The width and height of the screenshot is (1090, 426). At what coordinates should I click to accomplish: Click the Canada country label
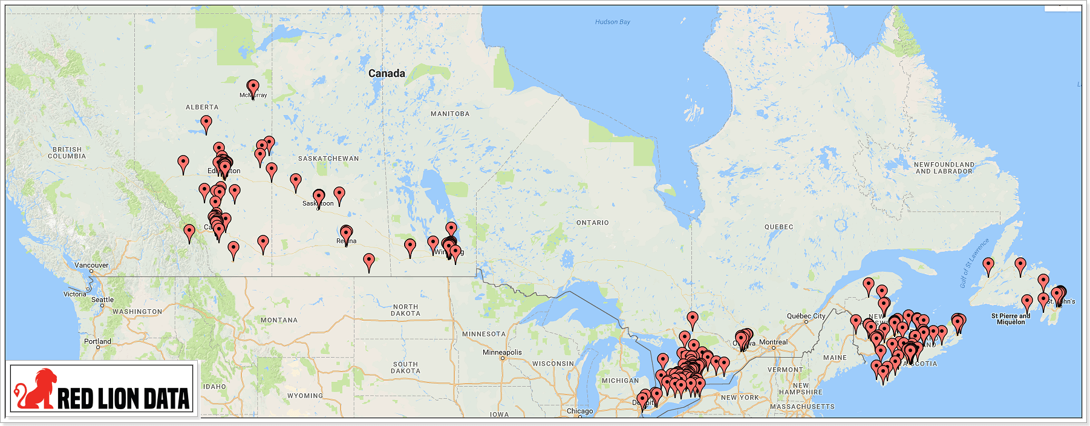click(387, 73)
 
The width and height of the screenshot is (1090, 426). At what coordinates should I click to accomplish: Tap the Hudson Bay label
click(612, 22)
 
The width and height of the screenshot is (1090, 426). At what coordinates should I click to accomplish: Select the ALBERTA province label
click(202, 107)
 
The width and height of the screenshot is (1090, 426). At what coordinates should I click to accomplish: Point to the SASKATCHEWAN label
click(328, 159)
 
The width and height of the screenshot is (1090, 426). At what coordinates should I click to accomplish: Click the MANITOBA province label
click(449, 114)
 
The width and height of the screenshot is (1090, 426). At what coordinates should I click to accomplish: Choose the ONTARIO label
click(592, 223)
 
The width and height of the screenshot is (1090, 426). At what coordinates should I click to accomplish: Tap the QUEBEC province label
click(778, 227)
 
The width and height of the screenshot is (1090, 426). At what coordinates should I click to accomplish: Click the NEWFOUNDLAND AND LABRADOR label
click(944, 168)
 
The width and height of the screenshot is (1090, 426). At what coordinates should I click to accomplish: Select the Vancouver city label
click(91, 265)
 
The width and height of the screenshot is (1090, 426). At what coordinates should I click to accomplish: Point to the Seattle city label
click(102, 300)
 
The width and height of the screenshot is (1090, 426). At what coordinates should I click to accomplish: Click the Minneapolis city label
click(501, 352)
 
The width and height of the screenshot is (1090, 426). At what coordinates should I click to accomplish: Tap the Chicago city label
click(579, 411)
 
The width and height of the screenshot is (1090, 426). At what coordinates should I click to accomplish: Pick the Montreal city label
click(773, 342)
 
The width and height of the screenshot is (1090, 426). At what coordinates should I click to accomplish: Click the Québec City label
click(806, 316)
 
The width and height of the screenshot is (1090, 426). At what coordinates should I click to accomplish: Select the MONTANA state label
click(279, 320)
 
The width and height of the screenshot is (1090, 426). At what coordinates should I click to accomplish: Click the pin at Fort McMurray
click(253, 88)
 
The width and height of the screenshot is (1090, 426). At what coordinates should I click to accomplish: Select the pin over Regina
click(346, 234)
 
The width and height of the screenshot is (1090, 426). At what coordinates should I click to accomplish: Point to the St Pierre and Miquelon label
click(1010, 319)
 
